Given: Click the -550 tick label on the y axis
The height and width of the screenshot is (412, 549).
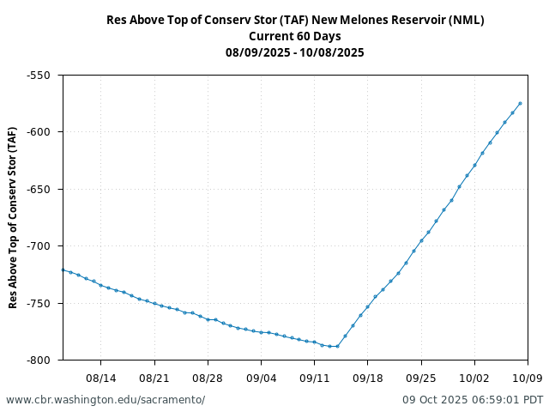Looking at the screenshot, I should [x=39, y=76].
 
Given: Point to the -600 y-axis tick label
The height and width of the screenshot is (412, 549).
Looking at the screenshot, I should [x=39, y=132].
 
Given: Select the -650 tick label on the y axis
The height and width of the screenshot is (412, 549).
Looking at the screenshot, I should [x=39, y=190].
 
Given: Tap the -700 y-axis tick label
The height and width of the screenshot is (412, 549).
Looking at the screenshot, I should [x=39, y=246].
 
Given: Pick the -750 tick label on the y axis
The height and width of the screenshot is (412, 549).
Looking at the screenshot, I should [x=39, y=303].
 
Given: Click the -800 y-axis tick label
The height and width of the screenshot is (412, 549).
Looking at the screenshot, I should [x=39, y=360].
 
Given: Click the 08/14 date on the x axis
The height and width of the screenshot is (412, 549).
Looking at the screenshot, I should [x=101, y=377].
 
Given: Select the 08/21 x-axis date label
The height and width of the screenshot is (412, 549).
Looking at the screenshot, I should [x=154, y=377].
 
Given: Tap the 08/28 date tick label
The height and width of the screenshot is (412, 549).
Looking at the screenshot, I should [x=208, y=377].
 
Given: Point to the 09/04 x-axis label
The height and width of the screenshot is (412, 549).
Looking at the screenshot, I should [x=261, y=377].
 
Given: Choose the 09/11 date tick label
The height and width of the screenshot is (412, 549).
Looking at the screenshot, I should [x=314, y=377].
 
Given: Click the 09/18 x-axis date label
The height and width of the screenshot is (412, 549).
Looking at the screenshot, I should [x=368, y=377].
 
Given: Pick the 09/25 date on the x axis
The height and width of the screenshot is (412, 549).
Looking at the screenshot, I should [x=421, y=377].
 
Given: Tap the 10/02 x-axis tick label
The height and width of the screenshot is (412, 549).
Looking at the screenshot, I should [x=474, y=377].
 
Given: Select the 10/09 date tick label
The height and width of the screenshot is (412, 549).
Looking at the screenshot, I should [x=528, y=377].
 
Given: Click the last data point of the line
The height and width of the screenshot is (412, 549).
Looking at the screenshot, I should [x=520, y=104].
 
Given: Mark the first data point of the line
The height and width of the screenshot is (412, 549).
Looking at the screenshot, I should [x=63, y=270].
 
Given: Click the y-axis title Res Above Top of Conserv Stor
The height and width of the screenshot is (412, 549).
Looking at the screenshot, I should [x=13, y=217].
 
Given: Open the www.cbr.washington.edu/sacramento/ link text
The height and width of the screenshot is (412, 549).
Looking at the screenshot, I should [x=106, y=400].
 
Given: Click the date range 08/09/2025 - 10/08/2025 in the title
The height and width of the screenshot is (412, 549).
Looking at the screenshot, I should [x=295, y=52].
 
